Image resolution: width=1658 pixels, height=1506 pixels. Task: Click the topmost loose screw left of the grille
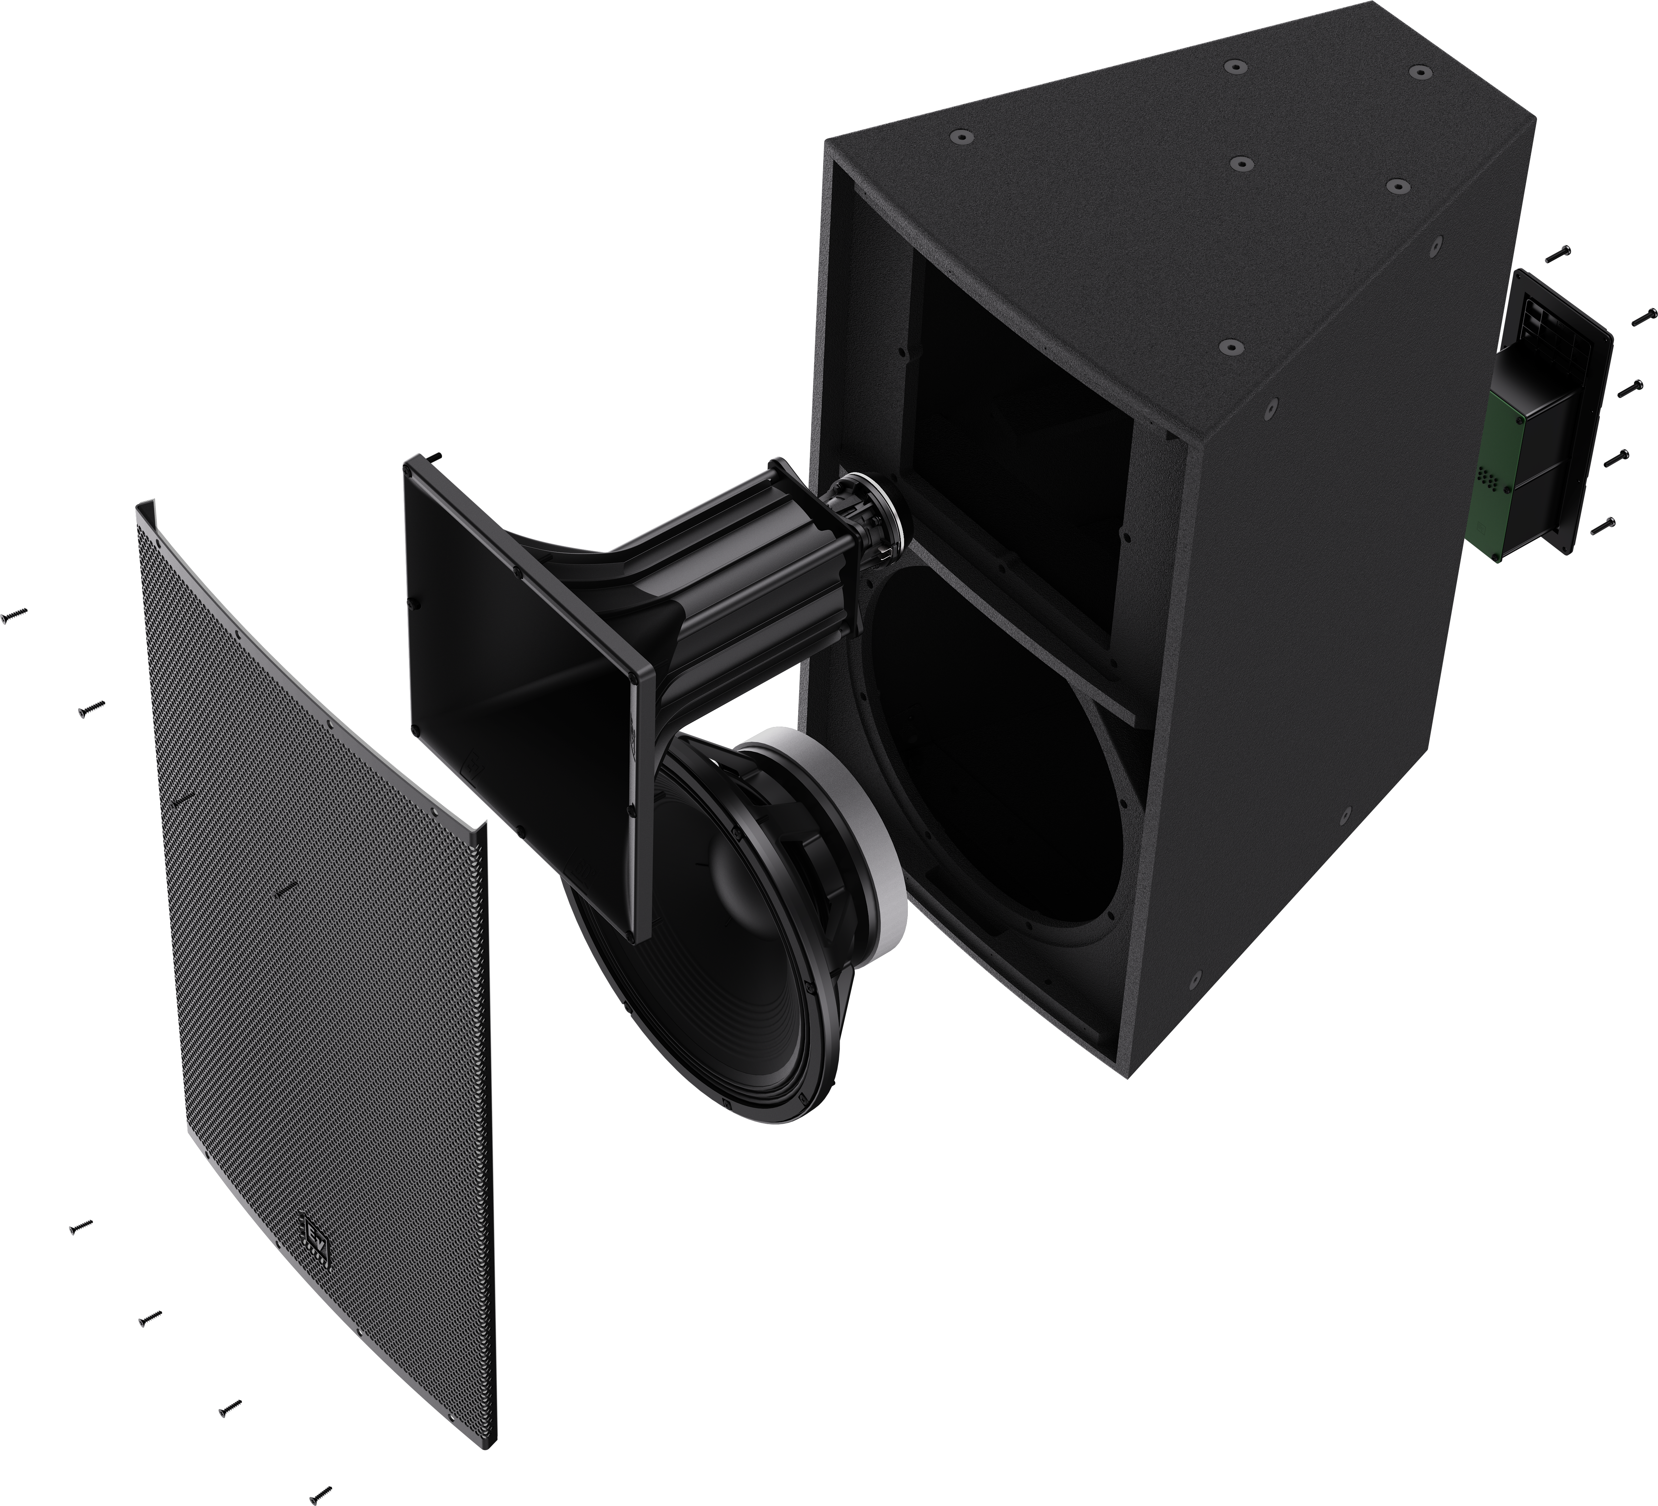pyautogui.click(x=15, y=613)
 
